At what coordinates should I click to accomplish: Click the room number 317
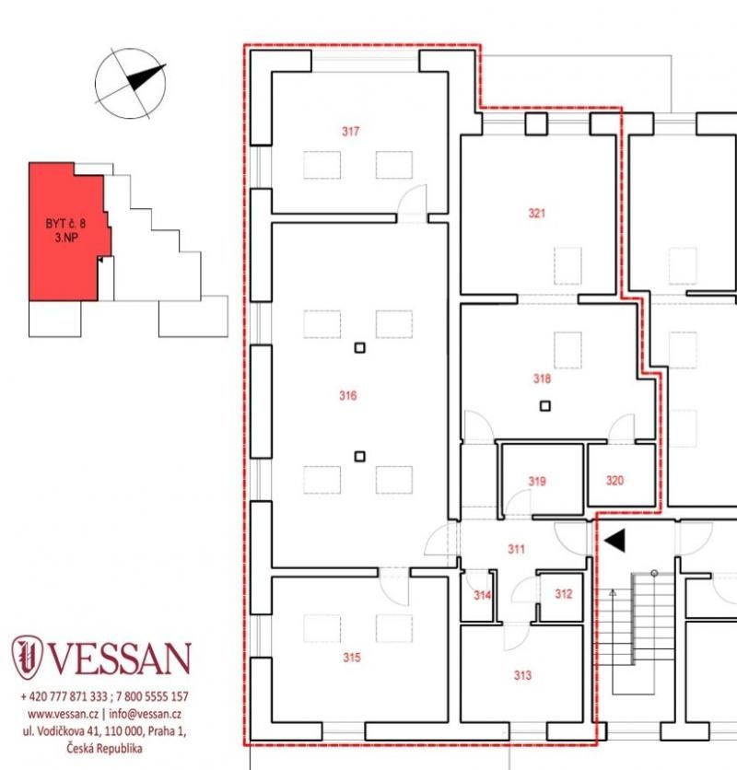point(350,131)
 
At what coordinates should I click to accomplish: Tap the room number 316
point(348,395)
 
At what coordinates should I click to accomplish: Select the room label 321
point(536,213)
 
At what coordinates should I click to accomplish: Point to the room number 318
point(542,379)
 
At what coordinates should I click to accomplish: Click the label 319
point(537,481)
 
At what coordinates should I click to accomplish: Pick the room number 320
point(614,480)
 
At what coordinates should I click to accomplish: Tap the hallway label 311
point(516,549)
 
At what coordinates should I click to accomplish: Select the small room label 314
point(482,595)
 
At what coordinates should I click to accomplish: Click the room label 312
point(564,594)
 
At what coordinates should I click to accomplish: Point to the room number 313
point(522,675)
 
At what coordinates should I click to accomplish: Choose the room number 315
point(352,657)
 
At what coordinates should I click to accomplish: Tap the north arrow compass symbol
point(130,84)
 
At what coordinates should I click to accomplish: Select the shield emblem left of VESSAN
point(27,657)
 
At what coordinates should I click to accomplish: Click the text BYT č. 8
point(65,224)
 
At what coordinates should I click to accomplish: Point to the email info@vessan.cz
point(145,714)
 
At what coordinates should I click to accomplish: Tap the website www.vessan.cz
point(63,714)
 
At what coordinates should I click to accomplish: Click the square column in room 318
point(544,406)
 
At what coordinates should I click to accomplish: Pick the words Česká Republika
point(104,749)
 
